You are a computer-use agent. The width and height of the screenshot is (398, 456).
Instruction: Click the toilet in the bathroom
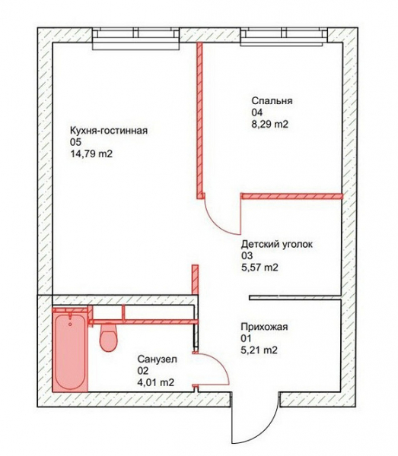pos(108,337)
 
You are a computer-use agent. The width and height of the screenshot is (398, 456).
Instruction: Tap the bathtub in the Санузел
pos(70,352)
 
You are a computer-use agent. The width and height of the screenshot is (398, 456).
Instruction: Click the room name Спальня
pos(272,101)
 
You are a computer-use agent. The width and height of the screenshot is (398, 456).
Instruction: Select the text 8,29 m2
pos(270,125)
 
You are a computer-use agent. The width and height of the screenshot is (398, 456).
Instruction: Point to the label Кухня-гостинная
pos(109,131)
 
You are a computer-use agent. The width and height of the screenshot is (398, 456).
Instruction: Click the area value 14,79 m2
pos(91,154)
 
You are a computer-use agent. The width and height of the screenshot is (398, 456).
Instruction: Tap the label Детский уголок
pos(276,244)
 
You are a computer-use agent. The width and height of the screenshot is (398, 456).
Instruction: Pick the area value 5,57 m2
pos(259,268)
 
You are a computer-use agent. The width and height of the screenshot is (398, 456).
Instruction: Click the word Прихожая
pos(264,327)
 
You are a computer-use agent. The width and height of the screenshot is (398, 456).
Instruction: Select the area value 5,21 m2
pos(259,350)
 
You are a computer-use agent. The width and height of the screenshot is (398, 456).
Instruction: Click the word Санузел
pos(158,359)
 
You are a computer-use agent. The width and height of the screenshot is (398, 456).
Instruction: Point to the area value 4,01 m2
pos(156,383)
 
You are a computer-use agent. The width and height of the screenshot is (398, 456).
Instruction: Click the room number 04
pos(257,112)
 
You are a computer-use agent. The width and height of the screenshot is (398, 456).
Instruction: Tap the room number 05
pos(75,142)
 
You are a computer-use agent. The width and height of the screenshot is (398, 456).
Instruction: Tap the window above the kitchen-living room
pos(136,39)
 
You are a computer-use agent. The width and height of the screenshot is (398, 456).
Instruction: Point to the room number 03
pos(247,255)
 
